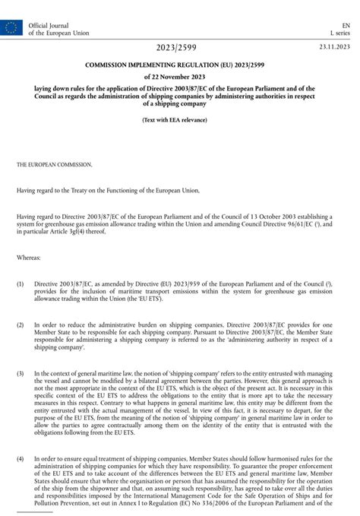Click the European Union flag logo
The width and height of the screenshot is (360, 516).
click(x=12, y=29)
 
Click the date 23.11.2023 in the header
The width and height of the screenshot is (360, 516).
click(x=334, y=48)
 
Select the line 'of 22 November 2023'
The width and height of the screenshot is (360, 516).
click(x=180, y=78)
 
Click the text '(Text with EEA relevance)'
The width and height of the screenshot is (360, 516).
click(x=180, y=122)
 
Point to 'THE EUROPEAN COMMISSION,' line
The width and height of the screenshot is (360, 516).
click(x=55, y=164)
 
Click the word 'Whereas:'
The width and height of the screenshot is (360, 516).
click(x=29, y=258)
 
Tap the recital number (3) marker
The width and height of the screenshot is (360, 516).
click(x=21, y=373)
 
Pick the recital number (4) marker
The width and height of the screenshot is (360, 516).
click(x=21, y=458)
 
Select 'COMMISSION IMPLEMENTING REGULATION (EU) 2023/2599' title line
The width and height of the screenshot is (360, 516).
click(x=180, y=65)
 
